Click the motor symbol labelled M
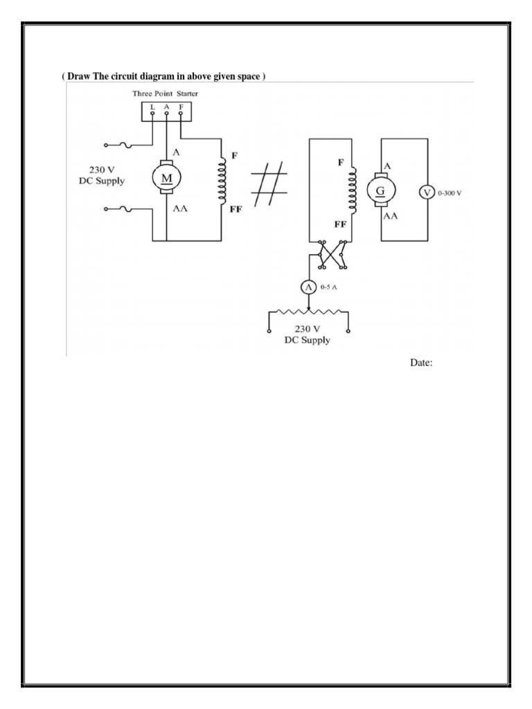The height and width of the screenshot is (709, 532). pyautogui.click(x=167, y=178)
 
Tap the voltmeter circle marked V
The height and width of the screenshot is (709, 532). pyautogui.click(x=428, y=193)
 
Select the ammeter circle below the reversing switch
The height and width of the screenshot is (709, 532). pyautogui.click(x=310, y=287)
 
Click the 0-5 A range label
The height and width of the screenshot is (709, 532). pyautogui.click(x=328, y=287)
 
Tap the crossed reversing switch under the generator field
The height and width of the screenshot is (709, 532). pyautogui.click(x=331, y=255)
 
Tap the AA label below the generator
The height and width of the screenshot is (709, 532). pyautogui.click(x=392, y=215)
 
